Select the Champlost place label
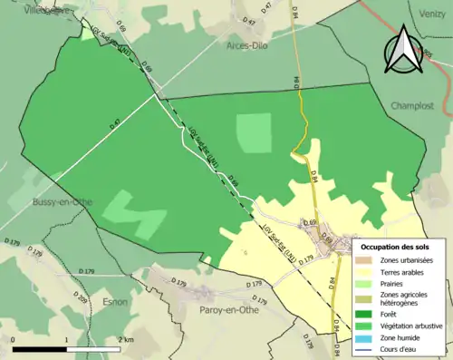click(x=414, y=105)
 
